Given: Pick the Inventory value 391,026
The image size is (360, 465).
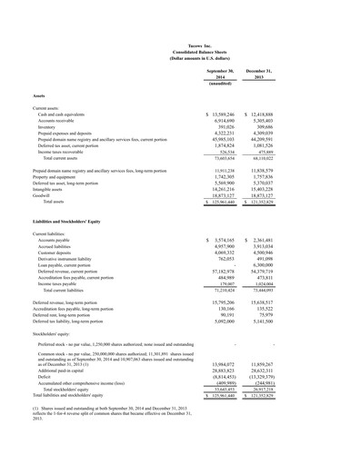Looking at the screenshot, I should pos(225,126).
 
